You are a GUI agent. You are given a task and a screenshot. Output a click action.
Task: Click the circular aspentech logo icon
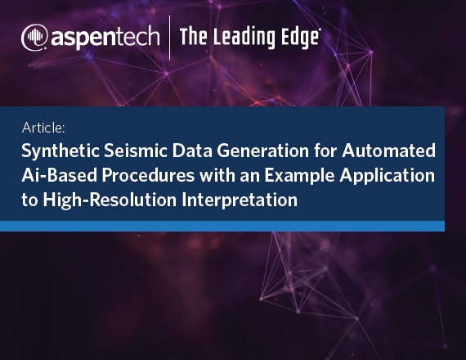coord(34,38)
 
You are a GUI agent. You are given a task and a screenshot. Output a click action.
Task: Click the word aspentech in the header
coord(105,38)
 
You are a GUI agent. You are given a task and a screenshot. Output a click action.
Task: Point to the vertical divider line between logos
coord(170,38)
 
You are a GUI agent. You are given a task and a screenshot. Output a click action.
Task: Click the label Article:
coord(43,128)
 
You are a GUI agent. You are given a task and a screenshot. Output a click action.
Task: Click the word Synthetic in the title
coord(60,151)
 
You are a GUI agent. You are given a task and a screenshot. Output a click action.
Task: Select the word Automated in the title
coord(388,151)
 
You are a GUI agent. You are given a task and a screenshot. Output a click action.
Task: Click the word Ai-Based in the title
coord(60,175)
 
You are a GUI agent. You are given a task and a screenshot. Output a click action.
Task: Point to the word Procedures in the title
coord(148,175)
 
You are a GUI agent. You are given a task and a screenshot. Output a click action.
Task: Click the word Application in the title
coord(388,176)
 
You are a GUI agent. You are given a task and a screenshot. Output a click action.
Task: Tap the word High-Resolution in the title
coord(110,200)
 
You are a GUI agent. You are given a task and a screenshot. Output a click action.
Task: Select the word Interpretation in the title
coord(240,200)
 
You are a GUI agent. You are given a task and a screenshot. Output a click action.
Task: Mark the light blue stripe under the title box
coord(222,226)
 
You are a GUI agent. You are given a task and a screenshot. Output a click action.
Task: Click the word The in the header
coord(193,37)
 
